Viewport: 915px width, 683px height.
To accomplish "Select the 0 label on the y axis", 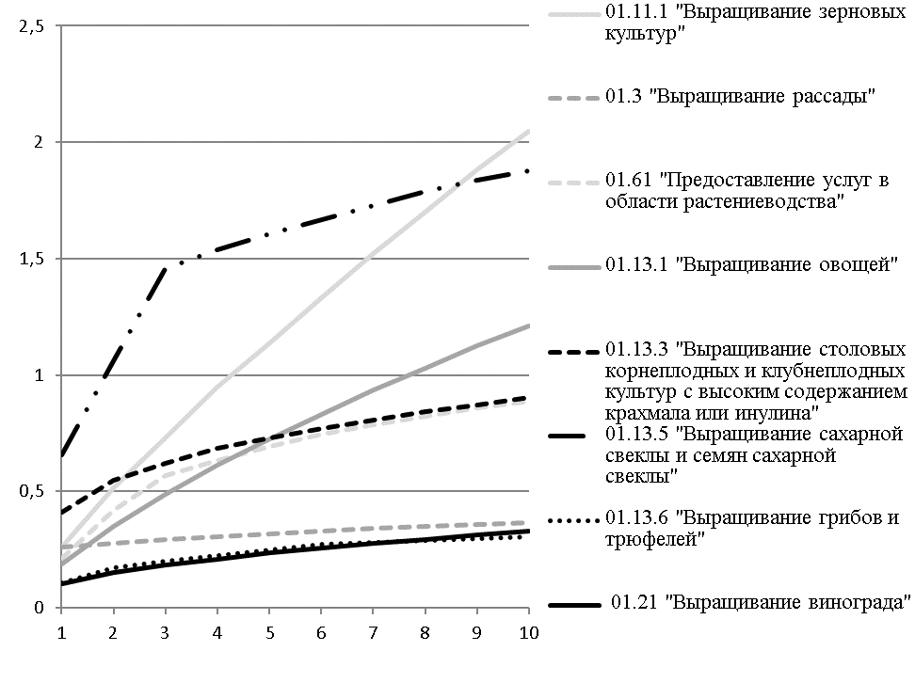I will click(40, 608).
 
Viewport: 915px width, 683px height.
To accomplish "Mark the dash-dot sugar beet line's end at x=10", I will click(527, 171).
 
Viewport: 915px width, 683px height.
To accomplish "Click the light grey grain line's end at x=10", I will click(527, 131).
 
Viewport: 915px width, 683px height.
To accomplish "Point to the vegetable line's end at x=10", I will click(527, 326).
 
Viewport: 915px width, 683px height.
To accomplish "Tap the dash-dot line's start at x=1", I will click(61, 455).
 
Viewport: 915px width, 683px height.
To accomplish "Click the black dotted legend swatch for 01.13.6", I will click(573, 517).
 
